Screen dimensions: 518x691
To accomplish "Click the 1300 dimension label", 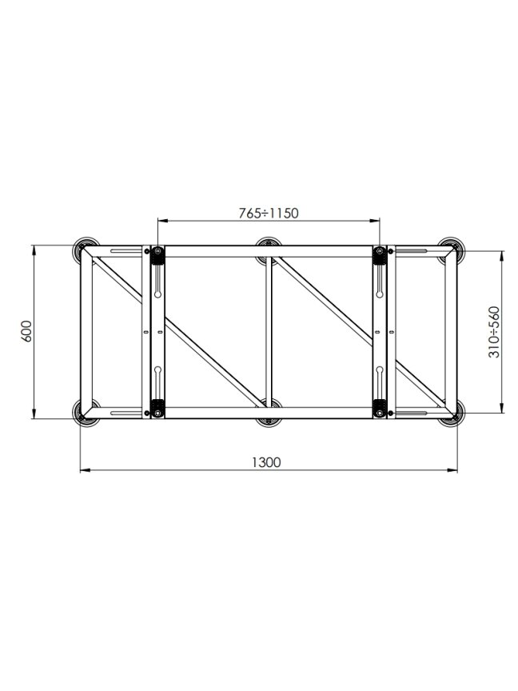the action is click(x=266, y=462).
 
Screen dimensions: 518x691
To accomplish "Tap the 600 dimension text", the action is click(x=26, y=331).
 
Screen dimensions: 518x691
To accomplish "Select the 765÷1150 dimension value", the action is click(x=269, y=214).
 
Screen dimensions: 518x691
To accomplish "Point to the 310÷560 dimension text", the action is click(x=494, y=332).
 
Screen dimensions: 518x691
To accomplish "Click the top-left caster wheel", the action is click(x=85, y=250).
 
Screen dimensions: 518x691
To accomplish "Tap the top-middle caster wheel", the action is click(x=269, y=249).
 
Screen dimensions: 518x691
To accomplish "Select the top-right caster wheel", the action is click(x=452, y=250).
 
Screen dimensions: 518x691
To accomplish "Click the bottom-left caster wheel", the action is click(x=84, y=413).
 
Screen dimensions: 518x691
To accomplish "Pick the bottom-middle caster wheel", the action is click(x=269, y=413).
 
